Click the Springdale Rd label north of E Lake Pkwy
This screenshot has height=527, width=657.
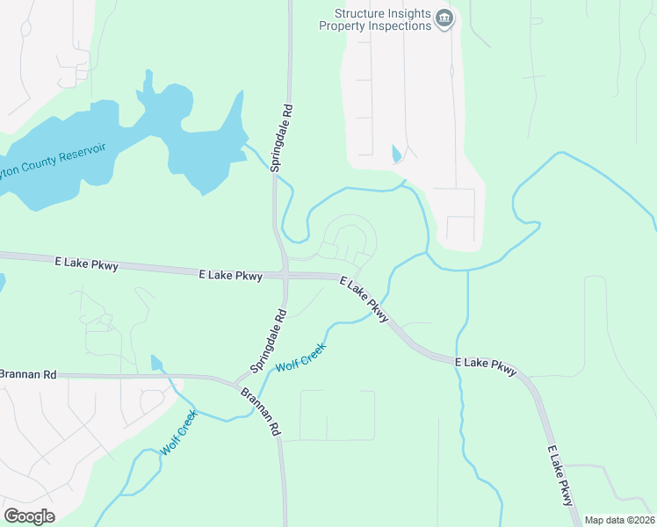281,137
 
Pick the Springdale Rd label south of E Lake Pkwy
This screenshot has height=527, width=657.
269,339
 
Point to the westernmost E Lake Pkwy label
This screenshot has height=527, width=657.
84,262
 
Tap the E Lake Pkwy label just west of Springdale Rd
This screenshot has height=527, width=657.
231,275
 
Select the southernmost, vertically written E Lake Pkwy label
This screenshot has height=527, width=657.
560,475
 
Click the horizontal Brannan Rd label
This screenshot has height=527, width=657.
27,374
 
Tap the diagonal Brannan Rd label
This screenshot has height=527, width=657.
260,412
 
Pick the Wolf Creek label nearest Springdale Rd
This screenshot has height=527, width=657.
300,356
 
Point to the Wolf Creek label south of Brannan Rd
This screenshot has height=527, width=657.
178,433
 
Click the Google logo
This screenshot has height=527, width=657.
29,516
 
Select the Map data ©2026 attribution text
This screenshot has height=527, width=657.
619,520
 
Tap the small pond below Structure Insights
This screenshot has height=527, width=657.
395,155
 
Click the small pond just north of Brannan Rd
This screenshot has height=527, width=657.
156,363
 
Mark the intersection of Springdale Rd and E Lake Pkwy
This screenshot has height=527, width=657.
285,274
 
